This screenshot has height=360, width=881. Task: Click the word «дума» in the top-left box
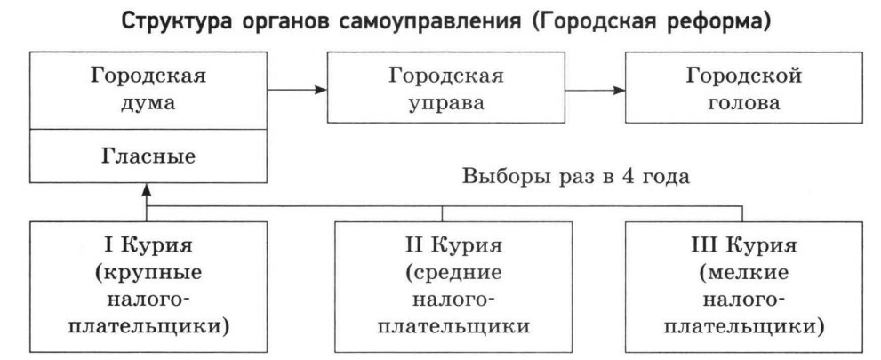(x=148, y=102)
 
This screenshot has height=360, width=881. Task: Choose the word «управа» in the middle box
(x=445, y=102)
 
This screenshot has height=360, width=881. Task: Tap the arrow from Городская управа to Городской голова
(x=595, y=89)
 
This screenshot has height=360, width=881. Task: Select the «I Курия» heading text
(x=148, y=243)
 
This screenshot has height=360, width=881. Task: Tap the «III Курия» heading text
(x=743, y=243)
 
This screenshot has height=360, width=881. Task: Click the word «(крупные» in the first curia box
(x=148, y=270)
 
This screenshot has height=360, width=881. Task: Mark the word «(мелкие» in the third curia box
(x=743, y=270)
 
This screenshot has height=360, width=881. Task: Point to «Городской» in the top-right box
(x=743, y=75)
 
